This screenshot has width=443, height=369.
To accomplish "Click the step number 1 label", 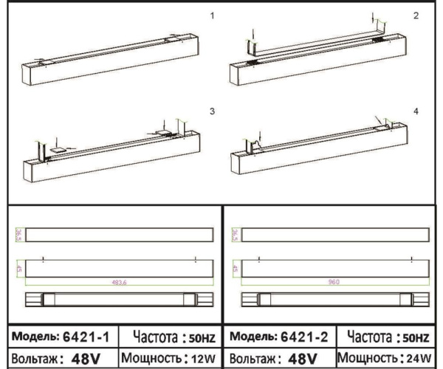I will coord(213,14).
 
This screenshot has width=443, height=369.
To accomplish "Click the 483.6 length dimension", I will coord(118,282).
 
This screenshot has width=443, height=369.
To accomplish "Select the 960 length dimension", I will coord(336,282).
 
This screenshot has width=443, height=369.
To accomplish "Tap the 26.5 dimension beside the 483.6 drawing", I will coord(19,234).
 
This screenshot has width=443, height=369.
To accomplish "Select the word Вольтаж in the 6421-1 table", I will coord(33,359).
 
